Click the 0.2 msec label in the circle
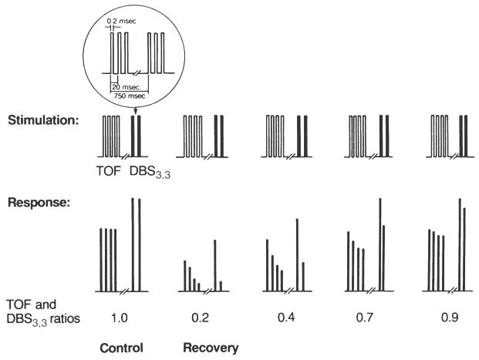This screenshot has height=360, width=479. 121,21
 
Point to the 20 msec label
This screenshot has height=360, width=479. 126,87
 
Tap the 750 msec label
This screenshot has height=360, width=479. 130,96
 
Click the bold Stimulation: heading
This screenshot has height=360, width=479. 43,120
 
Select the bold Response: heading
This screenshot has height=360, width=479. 39,203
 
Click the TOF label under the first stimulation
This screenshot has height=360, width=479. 109,170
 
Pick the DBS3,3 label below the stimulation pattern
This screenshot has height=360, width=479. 150,172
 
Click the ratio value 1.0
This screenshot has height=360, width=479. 119,318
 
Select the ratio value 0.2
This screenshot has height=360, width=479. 200,318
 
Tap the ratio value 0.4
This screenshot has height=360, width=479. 286,318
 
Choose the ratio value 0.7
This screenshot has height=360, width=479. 365,318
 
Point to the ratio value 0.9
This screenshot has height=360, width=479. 450,318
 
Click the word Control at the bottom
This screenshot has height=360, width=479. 121,348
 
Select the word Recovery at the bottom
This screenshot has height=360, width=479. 211,348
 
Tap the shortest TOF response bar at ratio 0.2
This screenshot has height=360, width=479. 199,287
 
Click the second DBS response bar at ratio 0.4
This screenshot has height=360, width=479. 303,277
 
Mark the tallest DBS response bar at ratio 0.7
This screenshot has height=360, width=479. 380,244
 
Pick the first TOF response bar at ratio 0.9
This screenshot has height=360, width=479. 429,260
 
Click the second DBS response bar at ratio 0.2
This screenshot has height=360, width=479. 221,286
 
